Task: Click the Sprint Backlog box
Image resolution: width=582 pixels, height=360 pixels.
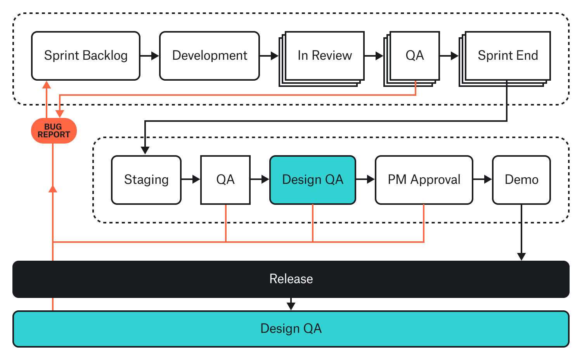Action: pos(85,56)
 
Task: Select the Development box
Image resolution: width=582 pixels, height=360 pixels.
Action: pos(210,56)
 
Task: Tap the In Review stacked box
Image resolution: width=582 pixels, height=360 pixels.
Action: pos(324,56)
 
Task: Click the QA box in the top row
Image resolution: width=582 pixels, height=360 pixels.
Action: pos(414,56)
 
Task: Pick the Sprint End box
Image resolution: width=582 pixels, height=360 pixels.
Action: pos(508,56)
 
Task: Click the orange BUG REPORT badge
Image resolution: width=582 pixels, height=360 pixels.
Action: pos(54,131)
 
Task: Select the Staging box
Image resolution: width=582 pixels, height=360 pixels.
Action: pos(146,180)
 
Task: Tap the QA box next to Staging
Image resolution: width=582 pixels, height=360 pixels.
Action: pos(225,180)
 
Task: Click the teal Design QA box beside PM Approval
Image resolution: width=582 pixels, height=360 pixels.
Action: pos(313,180)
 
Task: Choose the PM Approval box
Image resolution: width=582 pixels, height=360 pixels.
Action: pos(424,180)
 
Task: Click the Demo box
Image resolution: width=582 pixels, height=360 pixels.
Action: pos(521,180)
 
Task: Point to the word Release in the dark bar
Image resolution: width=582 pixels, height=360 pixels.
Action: pos(291,279)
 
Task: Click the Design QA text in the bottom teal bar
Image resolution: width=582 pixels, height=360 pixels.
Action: pos(291,329)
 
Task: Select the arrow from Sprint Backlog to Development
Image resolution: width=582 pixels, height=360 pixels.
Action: pos(150,56)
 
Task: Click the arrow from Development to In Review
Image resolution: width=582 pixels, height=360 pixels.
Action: pos(269,56)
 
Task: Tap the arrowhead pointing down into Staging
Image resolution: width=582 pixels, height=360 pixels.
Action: pos(145,150)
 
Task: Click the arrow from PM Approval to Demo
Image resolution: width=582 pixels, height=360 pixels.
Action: pos(483,179)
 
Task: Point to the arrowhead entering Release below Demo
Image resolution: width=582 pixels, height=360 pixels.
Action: pos(521,256)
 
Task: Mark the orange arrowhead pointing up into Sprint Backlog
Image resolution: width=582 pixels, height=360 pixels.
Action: pos(47,85)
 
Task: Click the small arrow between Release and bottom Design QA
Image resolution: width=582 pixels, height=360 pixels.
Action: pos(291,305)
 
